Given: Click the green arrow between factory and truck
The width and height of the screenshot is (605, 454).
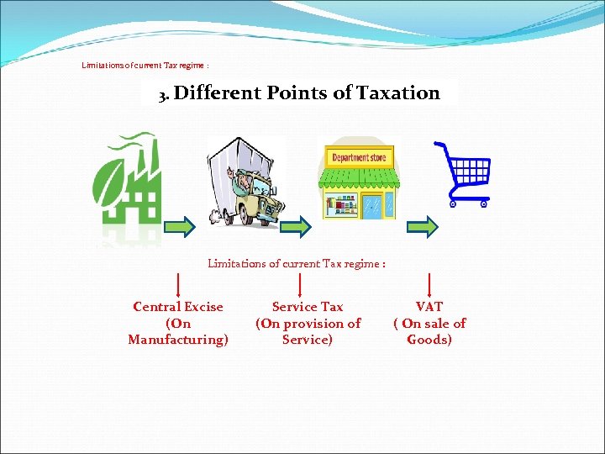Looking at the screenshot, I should point(180,225).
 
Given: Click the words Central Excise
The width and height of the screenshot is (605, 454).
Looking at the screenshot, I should point(178,307).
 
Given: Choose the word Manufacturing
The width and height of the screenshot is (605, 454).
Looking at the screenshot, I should point(178,340).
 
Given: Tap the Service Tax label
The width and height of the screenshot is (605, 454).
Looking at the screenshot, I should point(308,307).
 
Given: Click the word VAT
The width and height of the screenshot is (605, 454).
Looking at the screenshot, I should point(429,307).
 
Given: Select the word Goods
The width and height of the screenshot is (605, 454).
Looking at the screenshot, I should point(429,340).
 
